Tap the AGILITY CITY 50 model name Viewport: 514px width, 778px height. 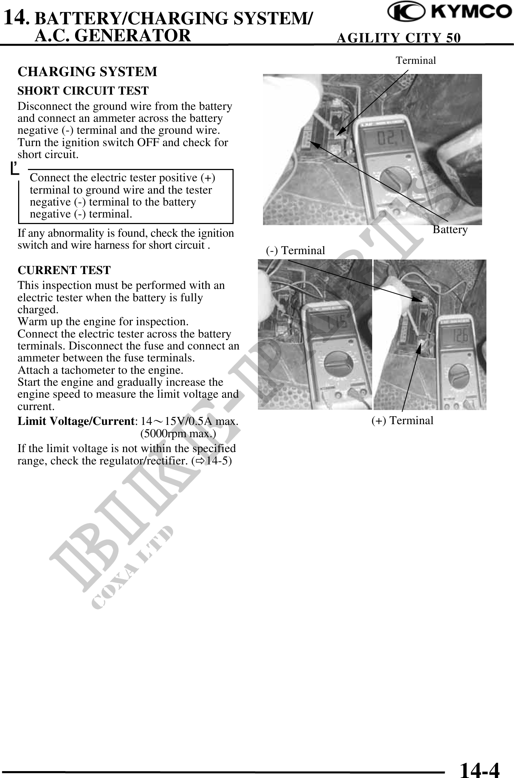(399, 38)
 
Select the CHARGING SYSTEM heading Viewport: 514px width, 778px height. (87, 72)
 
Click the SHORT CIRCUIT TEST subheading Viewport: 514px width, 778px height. (83, 91)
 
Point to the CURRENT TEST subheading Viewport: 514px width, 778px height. (64, 270)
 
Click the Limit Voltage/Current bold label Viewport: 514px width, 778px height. (77, 421)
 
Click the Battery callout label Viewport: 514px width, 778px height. (450, 229)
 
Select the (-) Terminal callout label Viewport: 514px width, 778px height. (295, 250)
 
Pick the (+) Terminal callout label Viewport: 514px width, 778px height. (402, 421)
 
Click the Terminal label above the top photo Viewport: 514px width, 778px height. (416, 60)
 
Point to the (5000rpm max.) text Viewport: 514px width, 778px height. (178, 434)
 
